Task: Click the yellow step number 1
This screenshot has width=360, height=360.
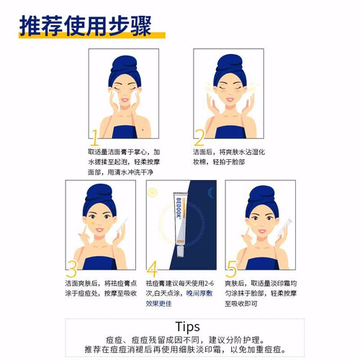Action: coord(95,138)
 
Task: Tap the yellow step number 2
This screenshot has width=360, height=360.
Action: coord(199,138)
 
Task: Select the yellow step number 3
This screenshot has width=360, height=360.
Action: coord(71,269)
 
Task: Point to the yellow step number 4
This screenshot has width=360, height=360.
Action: coord(152,269)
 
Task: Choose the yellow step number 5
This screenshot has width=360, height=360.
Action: coord(231,269)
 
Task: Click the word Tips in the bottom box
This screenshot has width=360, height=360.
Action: coord(187,327)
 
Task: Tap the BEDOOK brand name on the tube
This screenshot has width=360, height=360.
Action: coord(179,207)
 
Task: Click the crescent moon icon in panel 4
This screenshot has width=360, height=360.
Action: coord(210,193)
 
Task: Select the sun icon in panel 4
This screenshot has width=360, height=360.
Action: coord(153,192)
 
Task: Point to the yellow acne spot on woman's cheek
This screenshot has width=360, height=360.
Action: coord(93,224)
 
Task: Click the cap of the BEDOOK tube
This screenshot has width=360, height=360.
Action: coord(181,251)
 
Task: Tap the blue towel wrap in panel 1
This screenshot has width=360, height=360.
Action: coord(125,71)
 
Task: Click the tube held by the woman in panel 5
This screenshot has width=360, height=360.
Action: coord(285,226)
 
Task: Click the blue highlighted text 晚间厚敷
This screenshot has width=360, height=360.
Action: coord(199,293)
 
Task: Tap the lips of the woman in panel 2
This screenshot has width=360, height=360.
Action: coord(230,99)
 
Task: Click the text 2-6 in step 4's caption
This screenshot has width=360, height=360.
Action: coord(210,284)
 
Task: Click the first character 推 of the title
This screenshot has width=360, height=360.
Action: coord(30,26)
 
